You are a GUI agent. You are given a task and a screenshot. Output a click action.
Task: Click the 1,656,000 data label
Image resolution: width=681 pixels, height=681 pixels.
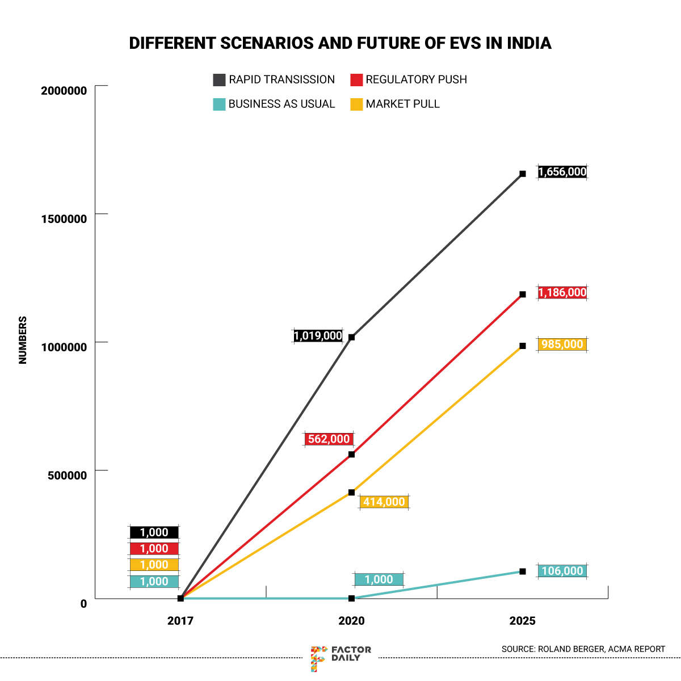tap(562, 172)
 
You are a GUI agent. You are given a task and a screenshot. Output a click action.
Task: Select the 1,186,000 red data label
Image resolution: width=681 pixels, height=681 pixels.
tap(562, 293)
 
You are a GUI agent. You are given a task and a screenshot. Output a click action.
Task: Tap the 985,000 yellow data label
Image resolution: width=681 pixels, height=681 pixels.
tap(562, 344)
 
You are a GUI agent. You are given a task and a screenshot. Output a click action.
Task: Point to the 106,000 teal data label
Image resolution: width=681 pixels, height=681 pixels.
tap(562, 571)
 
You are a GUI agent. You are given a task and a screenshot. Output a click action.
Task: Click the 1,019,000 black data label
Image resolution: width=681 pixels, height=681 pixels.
tap(318, 336)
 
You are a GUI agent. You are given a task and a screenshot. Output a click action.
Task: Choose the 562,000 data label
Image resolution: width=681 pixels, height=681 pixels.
tap(329, 439)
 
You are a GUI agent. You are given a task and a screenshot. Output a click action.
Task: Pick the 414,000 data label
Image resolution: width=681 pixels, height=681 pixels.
tap(384, 502)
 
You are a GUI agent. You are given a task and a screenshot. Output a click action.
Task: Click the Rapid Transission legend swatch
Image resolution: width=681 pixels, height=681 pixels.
tap(219, 80)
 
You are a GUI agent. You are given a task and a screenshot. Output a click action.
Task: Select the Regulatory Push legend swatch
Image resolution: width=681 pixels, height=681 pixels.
tap(356, 80)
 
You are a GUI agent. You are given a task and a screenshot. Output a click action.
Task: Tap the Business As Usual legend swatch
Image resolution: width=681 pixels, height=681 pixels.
tap(219, 104)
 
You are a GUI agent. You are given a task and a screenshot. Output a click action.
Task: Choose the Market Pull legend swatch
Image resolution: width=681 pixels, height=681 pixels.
tap(356, 104)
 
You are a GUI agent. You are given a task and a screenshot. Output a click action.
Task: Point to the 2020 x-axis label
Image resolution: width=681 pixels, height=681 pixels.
tap(352, 621)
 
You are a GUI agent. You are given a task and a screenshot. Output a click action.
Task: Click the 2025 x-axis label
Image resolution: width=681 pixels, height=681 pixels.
tap(523, 621)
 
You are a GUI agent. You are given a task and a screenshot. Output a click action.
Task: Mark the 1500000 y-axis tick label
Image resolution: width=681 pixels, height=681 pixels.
tap(64, 219)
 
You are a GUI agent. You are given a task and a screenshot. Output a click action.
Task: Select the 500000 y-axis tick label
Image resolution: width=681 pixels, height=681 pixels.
tap(67, 475)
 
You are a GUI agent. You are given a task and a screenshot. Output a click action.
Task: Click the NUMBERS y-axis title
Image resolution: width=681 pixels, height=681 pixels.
tap(23, 340)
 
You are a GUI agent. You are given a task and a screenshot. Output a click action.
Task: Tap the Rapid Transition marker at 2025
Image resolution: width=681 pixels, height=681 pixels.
tap(523, 174)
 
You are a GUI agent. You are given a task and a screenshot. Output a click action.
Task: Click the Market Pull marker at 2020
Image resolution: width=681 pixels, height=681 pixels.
tap(352, 492)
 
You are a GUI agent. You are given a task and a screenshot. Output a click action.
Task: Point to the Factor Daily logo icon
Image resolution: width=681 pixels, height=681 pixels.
tap(318, 658)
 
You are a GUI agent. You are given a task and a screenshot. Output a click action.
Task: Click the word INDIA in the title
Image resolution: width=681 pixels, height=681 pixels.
tap(529, 43)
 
